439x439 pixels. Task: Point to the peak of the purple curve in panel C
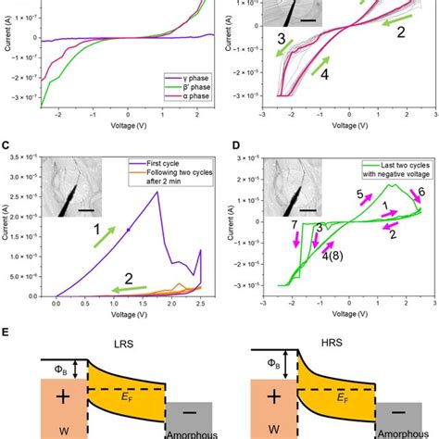(x=161, y=192)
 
